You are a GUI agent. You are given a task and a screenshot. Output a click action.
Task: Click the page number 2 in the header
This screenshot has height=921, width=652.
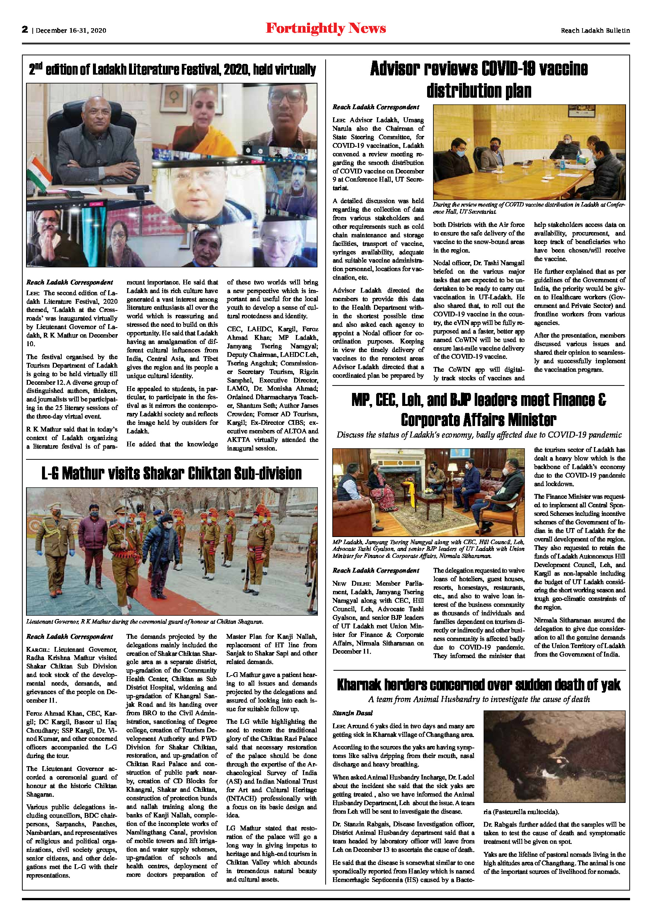tap(25, 29)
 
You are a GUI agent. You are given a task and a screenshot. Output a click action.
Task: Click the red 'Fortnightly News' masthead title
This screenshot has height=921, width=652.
tap(326, 29)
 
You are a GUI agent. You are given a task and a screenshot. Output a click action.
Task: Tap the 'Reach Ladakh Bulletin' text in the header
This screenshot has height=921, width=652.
tap(595, 30)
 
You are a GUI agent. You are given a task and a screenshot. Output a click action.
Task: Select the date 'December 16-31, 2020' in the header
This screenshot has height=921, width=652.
tap(71, 30)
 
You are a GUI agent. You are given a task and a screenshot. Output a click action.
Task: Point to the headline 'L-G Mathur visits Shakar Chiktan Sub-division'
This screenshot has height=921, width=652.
tap(171, 473)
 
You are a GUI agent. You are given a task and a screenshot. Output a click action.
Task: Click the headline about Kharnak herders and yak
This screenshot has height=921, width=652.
tap(478, 685)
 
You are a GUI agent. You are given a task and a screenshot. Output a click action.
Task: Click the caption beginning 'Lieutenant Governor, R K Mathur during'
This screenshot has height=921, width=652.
tap(145, 622)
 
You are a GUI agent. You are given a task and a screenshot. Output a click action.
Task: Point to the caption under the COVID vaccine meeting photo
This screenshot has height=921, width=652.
tap(528, 208)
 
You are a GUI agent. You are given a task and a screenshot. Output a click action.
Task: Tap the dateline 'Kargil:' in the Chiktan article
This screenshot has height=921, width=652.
tap(39, 650)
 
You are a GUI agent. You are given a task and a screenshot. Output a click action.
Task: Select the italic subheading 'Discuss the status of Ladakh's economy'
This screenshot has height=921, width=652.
tap(478, 435)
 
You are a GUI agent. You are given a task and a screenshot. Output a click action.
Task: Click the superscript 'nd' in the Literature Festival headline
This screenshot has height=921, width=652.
tap(38, 65)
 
